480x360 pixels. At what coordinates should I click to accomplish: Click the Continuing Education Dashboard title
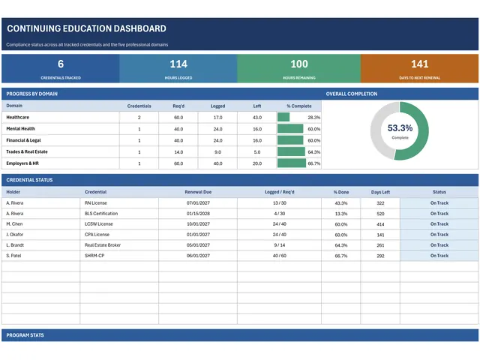87,28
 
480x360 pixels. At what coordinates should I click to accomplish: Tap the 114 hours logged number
178,64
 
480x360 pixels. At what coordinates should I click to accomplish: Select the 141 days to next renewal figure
420,64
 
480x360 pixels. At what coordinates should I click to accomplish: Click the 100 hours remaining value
299,64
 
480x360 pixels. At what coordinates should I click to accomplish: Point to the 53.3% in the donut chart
400,128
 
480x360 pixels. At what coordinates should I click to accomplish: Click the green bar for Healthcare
283,117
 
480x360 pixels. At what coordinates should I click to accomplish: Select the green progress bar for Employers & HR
292,163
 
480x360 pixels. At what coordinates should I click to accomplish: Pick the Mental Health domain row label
20,128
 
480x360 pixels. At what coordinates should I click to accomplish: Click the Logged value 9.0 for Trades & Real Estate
217,151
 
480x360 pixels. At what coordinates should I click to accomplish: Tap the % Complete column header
299,106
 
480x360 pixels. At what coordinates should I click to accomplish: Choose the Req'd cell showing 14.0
178,151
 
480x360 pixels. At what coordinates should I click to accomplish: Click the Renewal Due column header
198,192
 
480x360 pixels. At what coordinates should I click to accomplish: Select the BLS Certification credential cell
101,213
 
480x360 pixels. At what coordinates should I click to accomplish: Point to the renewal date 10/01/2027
198,224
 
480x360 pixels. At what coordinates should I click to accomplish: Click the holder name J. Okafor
15,235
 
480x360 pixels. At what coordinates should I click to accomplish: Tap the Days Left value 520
380,214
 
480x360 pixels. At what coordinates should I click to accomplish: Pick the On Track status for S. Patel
439,256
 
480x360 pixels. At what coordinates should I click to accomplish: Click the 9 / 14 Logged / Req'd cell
279,245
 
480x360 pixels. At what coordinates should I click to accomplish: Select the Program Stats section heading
25,335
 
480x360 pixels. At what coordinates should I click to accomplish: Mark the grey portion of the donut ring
376,131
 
